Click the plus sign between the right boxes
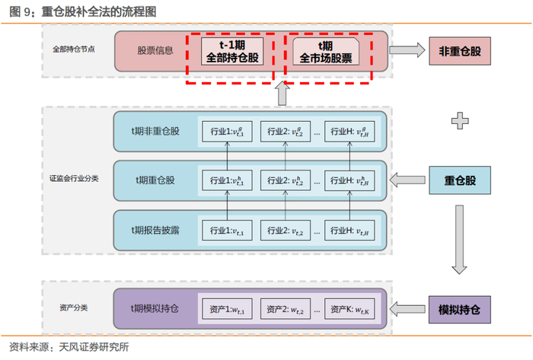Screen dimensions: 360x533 [459, 119]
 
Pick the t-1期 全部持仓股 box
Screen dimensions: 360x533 [231, 52]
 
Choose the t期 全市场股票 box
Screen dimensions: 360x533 [327, 52]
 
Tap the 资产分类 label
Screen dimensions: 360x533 [73, 307]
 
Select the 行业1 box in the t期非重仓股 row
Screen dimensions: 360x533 [227, 131]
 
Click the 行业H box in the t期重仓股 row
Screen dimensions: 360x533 [351, 181]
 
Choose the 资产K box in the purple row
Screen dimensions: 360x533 [351, 310]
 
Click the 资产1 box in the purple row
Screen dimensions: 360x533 [227, 310]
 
